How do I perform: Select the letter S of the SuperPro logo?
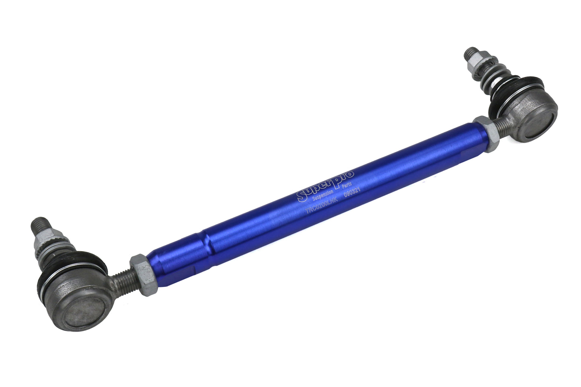(303, 195)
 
